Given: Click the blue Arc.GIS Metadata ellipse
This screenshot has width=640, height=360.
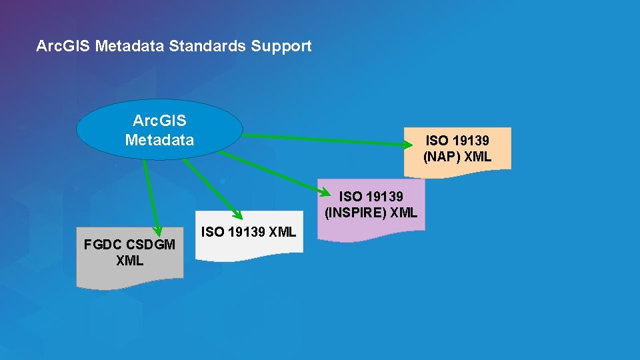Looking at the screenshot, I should (160, 130).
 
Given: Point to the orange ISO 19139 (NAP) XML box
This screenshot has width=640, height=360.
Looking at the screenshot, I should (457, 149).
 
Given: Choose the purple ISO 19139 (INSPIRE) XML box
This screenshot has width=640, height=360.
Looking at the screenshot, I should (371, 205).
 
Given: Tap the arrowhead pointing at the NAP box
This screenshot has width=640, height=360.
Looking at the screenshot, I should (408, 142).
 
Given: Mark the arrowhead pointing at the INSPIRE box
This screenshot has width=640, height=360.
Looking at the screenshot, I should (325, 193).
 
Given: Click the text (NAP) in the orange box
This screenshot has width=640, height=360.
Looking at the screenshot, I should (441, 157).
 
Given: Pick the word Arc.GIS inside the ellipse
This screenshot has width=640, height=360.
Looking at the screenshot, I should (159, 121).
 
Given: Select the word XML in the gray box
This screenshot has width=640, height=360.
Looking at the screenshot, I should (129, 261).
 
